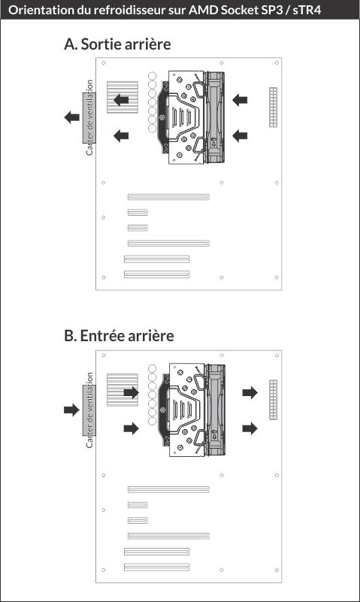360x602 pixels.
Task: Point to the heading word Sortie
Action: coord(101,44)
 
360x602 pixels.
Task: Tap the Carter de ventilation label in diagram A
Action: coord(89,117)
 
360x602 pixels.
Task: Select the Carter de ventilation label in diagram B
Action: coord(89,410)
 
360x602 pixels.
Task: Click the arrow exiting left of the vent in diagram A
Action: coord(71,117)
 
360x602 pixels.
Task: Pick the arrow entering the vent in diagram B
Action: coord(71,410)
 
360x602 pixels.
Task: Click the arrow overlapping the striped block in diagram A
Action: coord(121,100)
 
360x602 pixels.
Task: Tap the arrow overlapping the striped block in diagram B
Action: coord(131,392)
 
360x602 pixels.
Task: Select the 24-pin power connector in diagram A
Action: coord(274,107)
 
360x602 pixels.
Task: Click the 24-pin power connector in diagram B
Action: coord(274,400)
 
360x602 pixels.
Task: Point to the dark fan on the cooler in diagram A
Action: coord(214,117)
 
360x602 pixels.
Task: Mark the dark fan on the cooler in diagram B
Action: coord(215,410)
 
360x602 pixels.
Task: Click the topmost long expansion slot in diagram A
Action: coord(168,197)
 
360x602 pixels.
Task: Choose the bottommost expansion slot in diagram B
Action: coord(156,567)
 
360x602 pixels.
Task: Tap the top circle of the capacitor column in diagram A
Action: coord(152,76)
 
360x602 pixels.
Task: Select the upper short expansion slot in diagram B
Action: coord(138,505)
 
